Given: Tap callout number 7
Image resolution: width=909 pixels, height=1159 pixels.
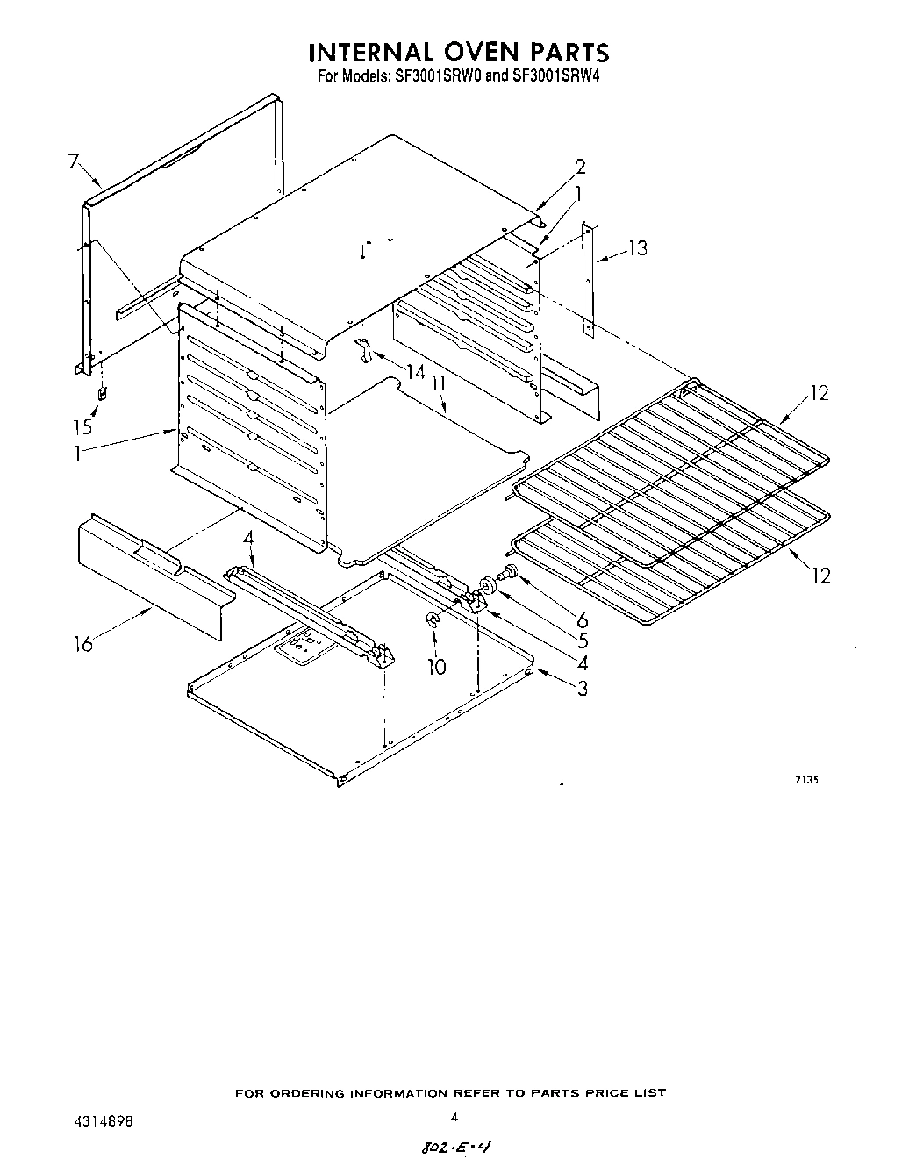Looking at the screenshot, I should [73, 161].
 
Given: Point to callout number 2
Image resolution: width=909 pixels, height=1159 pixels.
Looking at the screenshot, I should [580, 167].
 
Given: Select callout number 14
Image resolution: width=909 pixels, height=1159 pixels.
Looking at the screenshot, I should [414, 372].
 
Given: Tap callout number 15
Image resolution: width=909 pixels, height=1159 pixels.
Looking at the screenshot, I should [82, 427].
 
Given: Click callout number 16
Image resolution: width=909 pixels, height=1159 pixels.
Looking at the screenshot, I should [83, 644].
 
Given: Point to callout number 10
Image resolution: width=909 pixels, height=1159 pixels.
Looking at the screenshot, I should [436, 666].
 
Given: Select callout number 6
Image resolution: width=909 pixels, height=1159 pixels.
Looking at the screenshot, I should [583, 619].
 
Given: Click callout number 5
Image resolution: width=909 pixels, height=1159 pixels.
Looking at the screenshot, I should [583, 641].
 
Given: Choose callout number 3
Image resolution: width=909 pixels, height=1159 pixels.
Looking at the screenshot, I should [583, 688].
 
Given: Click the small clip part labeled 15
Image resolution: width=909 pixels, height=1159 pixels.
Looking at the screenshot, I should [102, 394].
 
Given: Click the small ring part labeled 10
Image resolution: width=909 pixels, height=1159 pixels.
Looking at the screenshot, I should [432, 621].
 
